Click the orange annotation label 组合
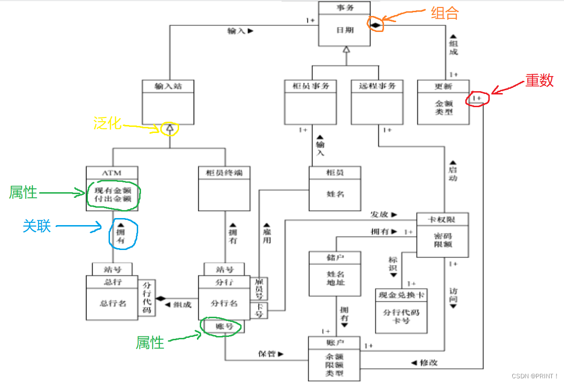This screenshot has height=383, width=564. pos(444,13)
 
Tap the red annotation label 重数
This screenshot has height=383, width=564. pos(539,81)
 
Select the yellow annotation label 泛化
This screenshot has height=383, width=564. pos(107,124)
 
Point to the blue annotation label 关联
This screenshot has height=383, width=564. pos(36,227)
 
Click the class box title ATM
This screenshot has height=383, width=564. pos(112,172)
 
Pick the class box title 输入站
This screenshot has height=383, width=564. pos(168,86)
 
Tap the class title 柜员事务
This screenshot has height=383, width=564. pos(310,86)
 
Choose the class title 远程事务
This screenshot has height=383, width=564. pos(377,86)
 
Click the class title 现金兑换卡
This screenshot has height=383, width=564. pos(401,296)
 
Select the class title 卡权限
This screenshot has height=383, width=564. pos(442,219)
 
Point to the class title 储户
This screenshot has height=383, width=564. pos(335,258)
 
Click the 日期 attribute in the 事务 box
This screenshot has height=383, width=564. pos(344,30)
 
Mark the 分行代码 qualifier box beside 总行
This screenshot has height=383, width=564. pos(147,298)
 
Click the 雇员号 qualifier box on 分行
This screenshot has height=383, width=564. pos(259,288)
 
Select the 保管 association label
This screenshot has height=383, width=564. pos(267,353)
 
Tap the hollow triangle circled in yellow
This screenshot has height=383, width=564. pos(170,127)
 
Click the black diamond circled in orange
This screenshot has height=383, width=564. pos(376,24)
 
